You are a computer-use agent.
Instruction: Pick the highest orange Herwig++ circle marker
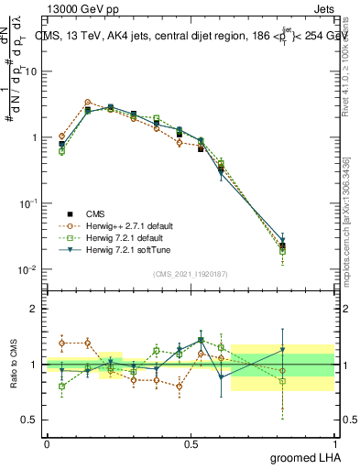tap(87, 103)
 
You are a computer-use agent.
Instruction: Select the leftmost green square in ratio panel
tap(61, 387)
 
